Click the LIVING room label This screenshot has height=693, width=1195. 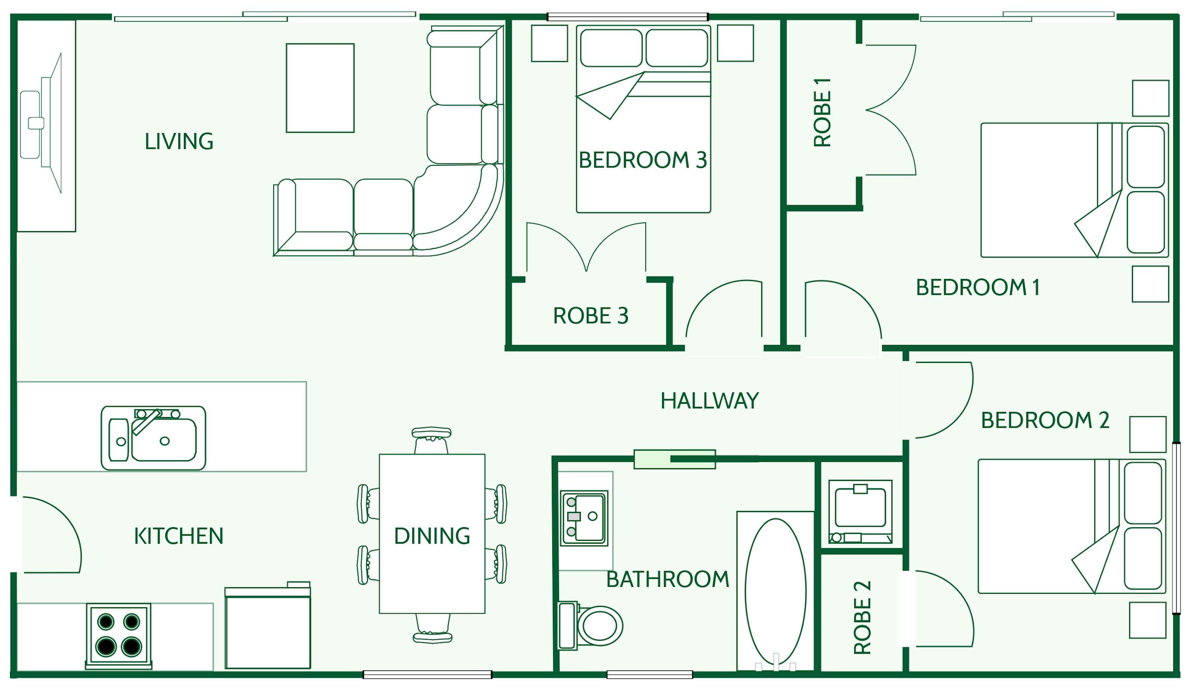(179, 142)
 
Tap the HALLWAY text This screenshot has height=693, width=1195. (709, 401)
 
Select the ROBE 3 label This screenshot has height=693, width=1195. (590, 316)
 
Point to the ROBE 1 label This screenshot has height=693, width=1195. (822, 112)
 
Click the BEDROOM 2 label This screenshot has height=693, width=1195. (1045, 420)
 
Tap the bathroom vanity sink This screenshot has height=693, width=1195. (584, 518)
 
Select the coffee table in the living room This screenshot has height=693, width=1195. (320, 88)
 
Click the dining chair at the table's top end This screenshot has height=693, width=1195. (431, 441)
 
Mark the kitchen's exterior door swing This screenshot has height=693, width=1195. (50, 536)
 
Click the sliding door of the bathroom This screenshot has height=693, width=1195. (674, 459)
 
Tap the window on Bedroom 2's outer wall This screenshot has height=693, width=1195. (1177, 528)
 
